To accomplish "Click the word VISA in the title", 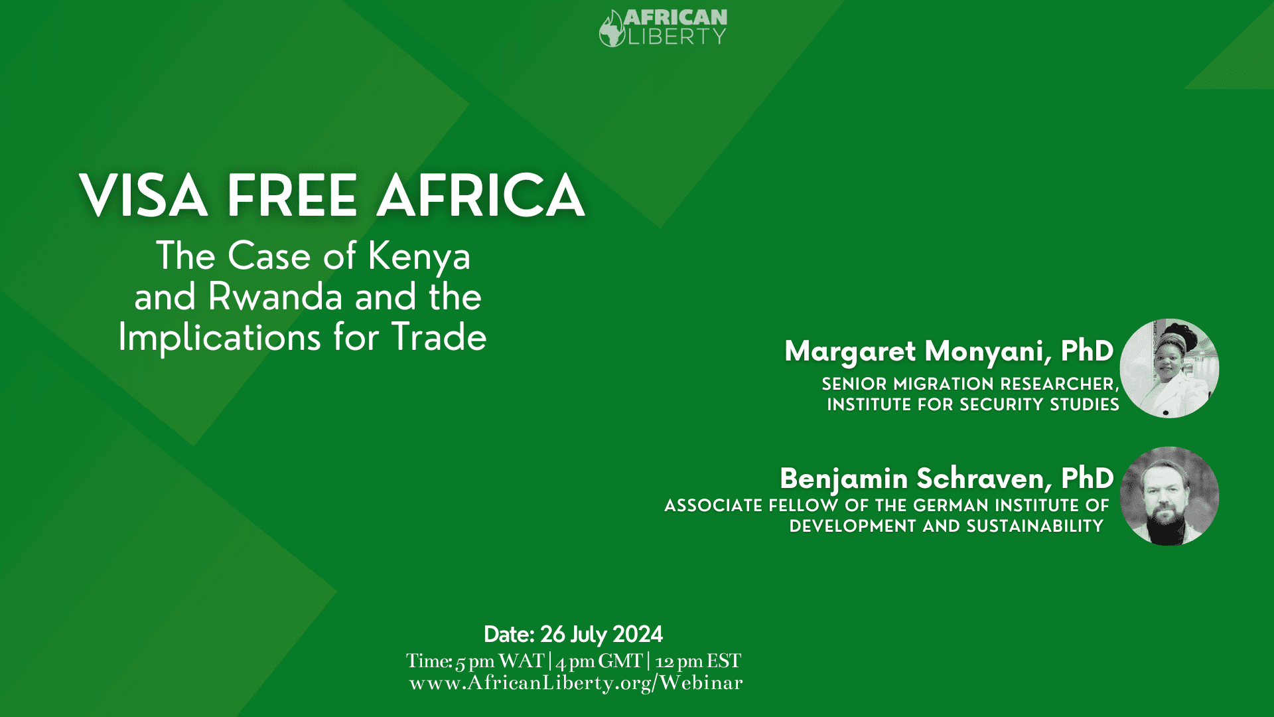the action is pos(143,195).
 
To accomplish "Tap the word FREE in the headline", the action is pos(292,195).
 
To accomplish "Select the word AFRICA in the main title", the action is pos(481,195).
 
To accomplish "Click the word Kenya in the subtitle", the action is pos(419,257).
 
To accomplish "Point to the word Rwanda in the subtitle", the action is pos(275,297).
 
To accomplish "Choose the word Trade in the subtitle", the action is pos(439,337).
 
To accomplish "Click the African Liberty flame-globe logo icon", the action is pos(611,29).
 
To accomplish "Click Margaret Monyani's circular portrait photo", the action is pos(1169,368).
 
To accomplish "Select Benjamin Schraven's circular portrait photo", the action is pos(1169,496).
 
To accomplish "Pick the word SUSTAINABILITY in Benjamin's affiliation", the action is pos(1034,526).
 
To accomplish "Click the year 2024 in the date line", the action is pos(638,635).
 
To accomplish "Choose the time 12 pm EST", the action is pos(698,661).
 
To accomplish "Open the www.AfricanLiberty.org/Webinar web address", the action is pos(576,683).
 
